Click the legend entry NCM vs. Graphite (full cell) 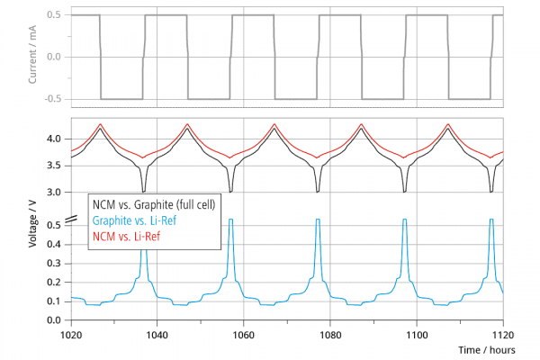[154, 204]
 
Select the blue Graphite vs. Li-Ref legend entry [135, 220]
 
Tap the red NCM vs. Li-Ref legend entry [126, 237]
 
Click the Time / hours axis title [487, 350]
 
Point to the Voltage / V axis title [32, 224]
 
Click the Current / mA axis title [32, 54]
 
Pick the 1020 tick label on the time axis [71, 335]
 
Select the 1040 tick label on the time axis [157, 335]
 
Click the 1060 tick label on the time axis [244, 335]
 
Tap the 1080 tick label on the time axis [330, 335]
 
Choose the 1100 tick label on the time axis [417, 335]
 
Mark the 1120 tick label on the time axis [503, 335]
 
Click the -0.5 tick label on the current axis [53, 99]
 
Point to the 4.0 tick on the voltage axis [54, 139]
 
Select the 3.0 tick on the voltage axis [54, 193]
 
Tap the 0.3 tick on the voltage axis [54, 264]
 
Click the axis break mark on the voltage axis [70, 220]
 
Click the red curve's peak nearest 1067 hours [274, 123]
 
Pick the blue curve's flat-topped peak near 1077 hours [318, 219]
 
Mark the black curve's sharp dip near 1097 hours [405, 191]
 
